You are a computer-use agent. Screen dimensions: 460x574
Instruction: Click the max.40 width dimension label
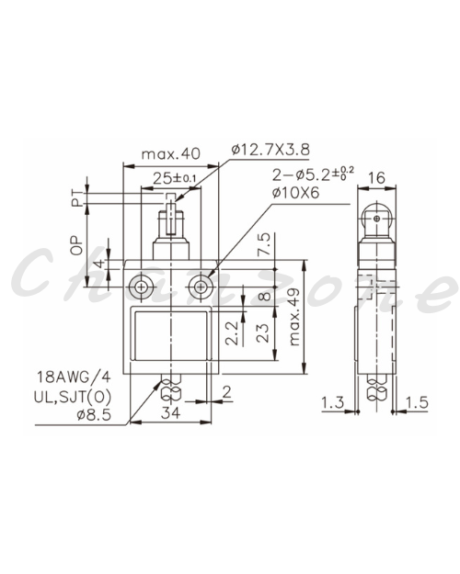tap(171, 153)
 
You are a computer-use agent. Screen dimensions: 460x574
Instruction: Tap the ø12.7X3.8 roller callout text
tap(270, 150)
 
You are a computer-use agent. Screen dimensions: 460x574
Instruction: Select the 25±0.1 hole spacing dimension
tap(175, 179)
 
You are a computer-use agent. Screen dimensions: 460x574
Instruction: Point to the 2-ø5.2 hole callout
tap(313, 174)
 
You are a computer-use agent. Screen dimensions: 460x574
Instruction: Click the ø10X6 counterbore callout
tap(295, 193)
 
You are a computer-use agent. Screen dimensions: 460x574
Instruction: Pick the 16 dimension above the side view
tap(376, 178)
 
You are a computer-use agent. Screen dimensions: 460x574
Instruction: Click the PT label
tap(77, 198)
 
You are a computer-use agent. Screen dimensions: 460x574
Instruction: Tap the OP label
tap(77, 245)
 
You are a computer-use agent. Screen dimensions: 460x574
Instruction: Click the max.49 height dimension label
tap(294, 317)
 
